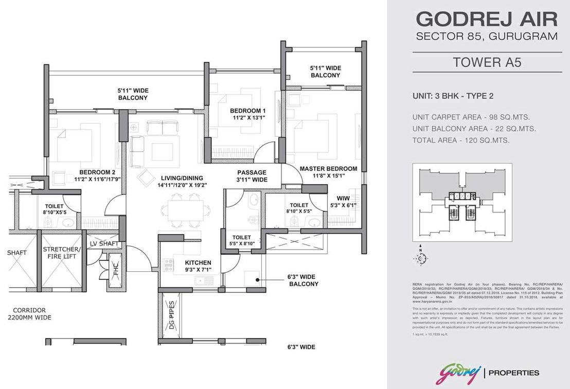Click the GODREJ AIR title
coord(486,19)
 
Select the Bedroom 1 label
coord(247,114)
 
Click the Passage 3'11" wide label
coord(252,176)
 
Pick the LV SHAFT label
coord(104,243)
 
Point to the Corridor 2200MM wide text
coord(30,314)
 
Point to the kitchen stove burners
coord(168,265)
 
